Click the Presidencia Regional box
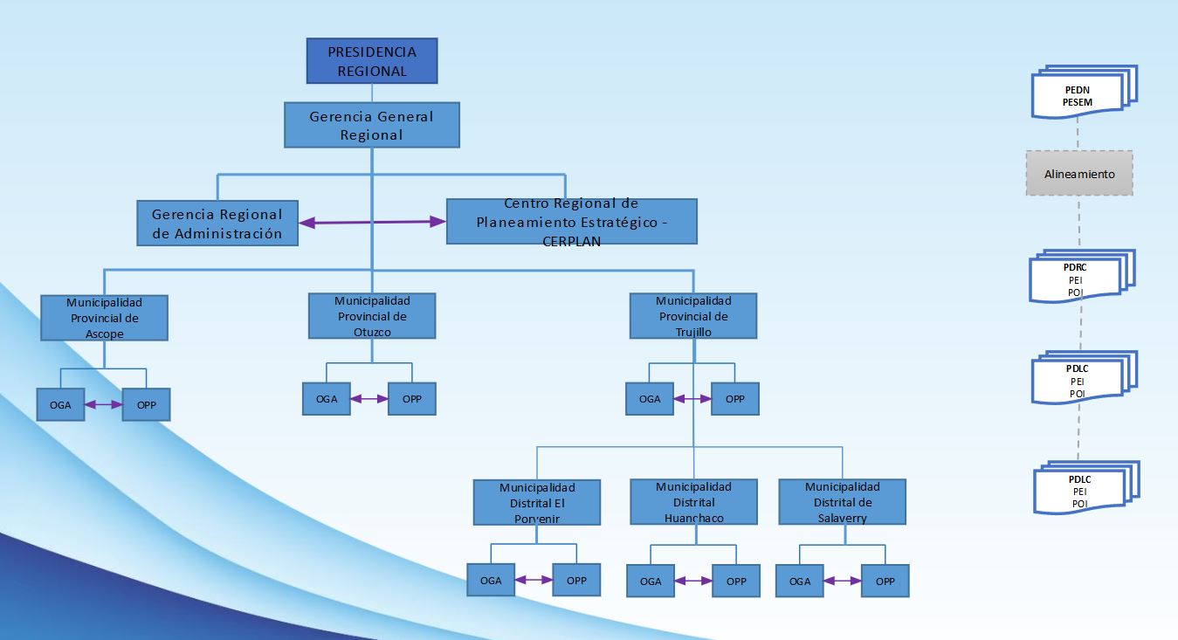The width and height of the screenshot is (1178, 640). [x=372, y=62]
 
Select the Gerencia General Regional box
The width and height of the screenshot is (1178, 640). [x=372, y=125]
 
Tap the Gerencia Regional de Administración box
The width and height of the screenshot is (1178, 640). [x=217, y=223]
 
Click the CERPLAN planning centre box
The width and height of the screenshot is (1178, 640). [x=571, y=222]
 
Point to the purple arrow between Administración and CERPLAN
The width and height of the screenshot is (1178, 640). [x=372, y=223]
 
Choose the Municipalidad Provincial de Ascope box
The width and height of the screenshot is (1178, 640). [x=104, y=318]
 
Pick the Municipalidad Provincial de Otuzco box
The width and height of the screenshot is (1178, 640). [x=372, y=315]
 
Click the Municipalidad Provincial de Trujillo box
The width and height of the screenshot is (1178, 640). [x=693, y=315]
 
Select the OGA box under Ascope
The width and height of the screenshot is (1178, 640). [x=60, y=405]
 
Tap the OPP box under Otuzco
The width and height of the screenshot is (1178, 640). [x=411, y=399]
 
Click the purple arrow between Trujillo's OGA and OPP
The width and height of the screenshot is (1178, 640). [x=692, y=399]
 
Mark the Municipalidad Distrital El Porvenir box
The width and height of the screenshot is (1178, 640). [x=537, y=502]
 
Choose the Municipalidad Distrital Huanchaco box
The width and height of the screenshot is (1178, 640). [x=693, y=502]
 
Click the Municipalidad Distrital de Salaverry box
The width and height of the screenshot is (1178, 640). [x=842, y=502]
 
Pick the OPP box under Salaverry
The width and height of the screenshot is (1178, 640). [x=885, y=581]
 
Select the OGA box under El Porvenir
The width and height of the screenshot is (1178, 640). [x=491, y=581]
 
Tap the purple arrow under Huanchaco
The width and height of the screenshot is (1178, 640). [x=693, y=581]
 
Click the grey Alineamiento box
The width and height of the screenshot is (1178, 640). [x=1079, y=173]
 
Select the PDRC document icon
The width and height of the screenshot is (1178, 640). [x=1078, y=279]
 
